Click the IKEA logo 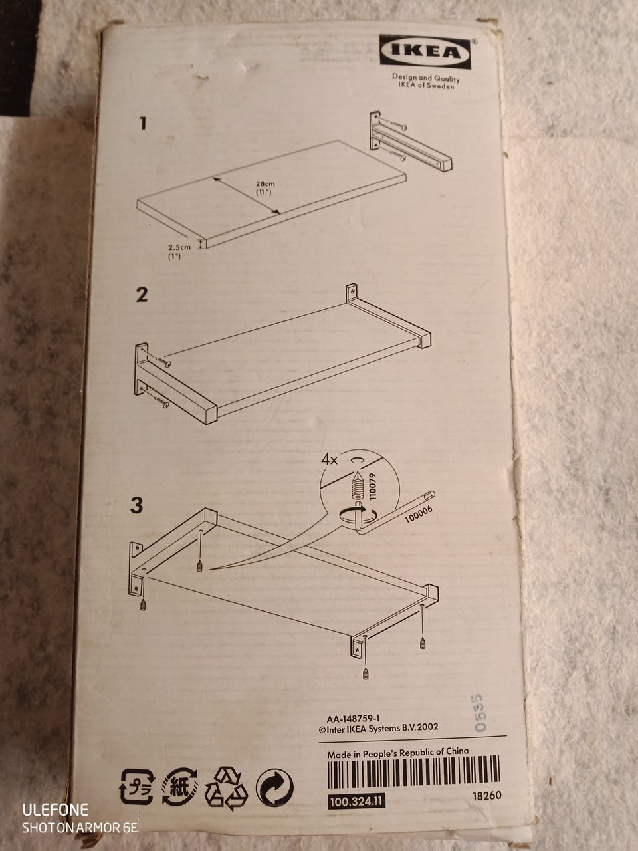click(x=425, y=52)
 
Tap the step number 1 click(x=144, y=124)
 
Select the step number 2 click(x=142, y=295)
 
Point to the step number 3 click(x=136, y=505)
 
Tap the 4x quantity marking click(x=329, y=460)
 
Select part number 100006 click(x=419, y=514)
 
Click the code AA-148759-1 click(x=353, y=719)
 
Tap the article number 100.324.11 click(x=356, y=802)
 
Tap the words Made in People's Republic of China click(x=398, y=753)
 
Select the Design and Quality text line click(x=426, y=78)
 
